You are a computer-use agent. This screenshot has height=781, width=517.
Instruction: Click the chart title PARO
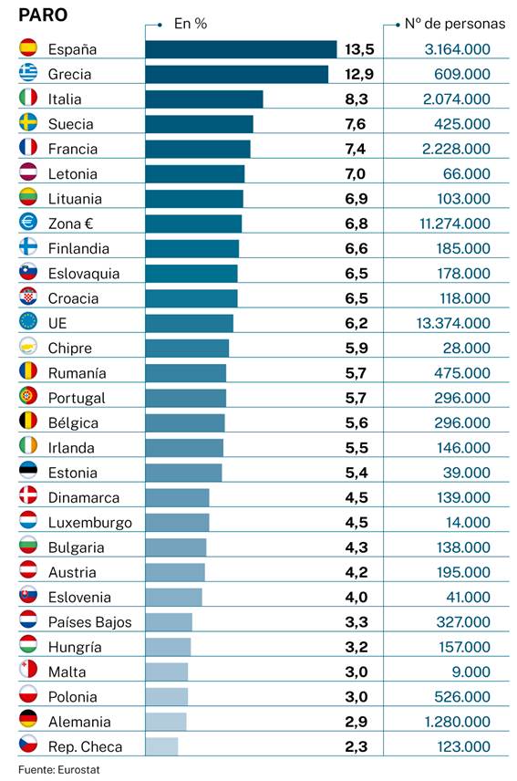click(x=43, y=16)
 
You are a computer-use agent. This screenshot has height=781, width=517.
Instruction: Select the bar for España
click(x=241, y=49)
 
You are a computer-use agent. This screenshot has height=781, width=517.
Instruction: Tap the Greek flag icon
click(x=28, y=74)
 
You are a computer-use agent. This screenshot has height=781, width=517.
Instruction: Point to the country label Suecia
click(x=70, y=124)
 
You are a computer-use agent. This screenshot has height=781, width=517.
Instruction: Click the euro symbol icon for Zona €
click(x=28, y=224)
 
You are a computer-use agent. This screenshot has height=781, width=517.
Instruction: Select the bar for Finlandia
click(x=191, y=248)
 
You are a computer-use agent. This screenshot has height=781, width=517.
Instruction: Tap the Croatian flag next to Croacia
click(x=28, y=298)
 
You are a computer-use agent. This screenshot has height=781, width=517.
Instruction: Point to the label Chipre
click(x=69, y=348)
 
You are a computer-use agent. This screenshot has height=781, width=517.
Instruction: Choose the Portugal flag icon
click(x=28, y=398)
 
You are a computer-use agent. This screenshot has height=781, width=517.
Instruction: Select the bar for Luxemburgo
click(x=177, y=523)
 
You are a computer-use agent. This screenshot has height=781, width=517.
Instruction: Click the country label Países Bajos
click(x=89, y=622)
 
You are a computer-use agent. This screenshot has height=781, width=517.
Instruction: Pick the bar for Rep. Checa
click(x=161, y=746)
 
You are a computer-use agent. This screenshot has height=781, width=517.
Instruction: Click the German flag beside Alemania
click(x=28, y=722)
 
